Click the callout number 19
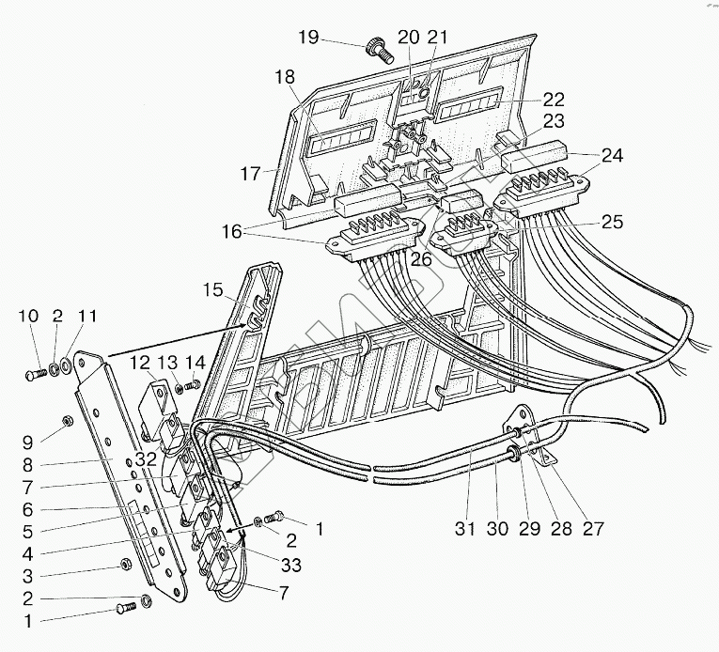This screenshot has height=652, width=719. [308, 38]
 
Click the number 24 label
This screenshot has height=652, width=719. [612, 156]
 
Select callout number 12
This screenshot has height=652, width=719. [139, 362]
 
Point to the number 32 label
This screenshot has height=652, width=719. [146, 460]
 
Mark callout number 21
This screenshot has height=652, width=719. [436, 37]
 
